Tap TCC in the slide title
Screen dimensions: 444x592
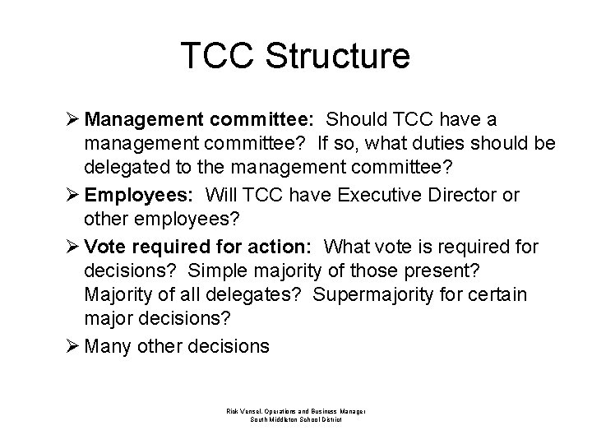[217, 56]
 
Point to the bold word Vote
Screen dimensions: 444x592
[105, 246]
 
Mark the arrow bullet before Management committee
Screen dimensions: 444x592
[72, 120]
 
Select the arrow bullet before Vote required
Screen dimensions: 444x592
[72, 246]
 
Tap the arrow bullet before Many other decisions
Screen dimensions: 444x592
[72, 345]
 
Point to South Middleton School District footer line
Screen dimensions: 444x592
[295, 419]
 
